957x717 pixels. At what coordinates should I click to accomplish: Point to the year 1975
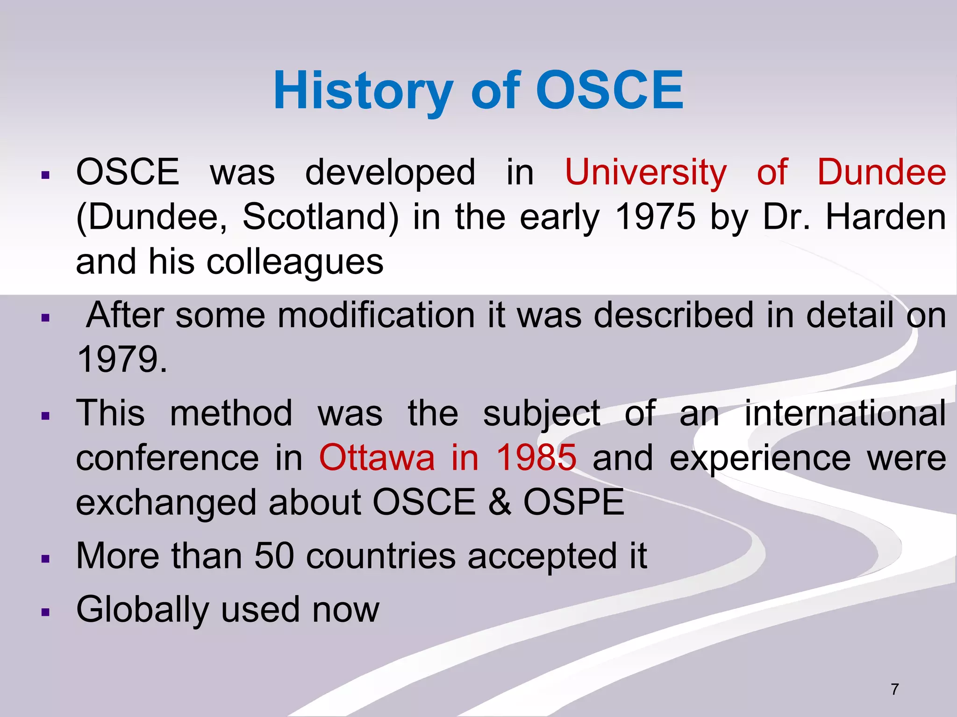pos(655,217)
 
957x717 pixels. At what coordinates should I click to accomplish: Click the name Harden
pos(886,217)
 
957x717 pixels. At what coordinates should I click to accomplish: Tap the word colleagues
pos(295,262)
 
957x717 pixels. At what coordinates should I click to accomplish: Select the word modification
pos(376,315)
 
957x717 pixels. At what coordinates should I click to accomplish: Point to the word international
pos(845,414)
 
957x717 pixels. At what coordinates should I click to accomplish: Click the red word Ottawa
pos(377,458)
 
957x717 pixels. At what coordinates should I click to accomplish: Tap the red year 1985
pos(536,458)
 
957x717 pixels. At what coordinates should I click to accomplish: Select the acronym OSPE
pos(573,503)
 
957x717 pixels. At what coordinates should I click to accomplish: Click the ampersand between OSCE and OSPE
pos(500,503)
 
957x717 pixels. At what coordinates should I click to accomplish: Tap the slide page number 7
pos(894,689)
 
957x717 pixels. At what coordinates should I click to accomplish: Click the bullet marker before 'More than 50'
pos(45,559)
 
